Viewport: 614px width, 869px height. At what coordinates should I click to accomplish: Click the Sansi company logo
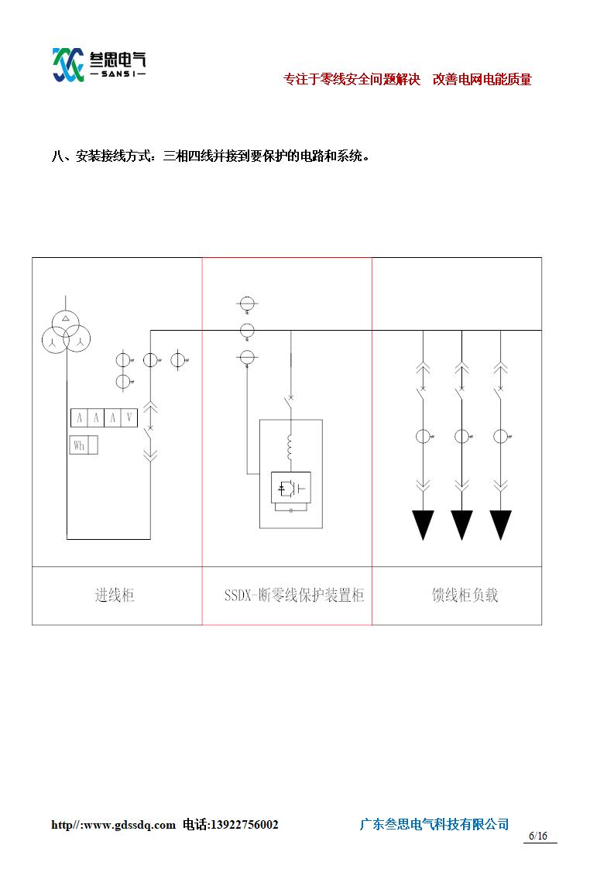pos(99,64)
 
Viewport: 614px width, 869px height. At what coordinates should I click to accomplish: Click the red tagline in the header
pos(407,80)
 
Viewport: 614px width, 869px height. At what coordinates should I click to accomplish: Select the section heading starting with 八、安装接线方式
pos(211,157)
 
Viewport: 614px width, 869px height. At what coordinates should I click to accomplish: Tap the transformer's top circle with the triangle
pos(66,320)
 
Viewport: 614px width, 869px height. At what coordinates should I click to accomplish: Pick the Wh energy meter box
pos(79,445)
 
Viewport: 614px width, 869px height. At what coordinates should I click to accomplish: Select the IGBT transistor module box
pos(290,489)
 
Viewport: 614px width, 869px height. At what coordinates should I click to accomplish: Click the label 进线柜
pos(115,596)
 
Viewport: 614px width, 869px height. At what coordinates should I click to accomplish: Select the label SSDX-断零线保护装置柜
pos(294,596)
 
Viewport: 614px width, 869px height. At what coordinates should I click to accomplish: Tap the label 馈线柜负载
pos(465,596)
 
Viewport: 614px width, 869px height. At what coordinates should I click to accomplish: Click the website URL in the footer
pos(113,825)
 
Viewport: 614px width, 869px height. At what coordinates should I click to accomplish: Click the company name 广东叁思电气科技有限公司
pos(434,824)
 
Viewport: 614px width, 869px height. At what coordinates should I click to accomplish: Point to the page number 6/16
pos(538,836)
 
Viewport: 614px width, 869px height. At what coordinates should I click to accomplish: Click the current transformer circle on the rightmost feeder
pos(501,436)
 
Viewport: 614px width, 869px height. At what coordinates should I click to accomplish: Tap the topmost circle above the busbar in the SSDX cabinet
pos(247,303)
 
